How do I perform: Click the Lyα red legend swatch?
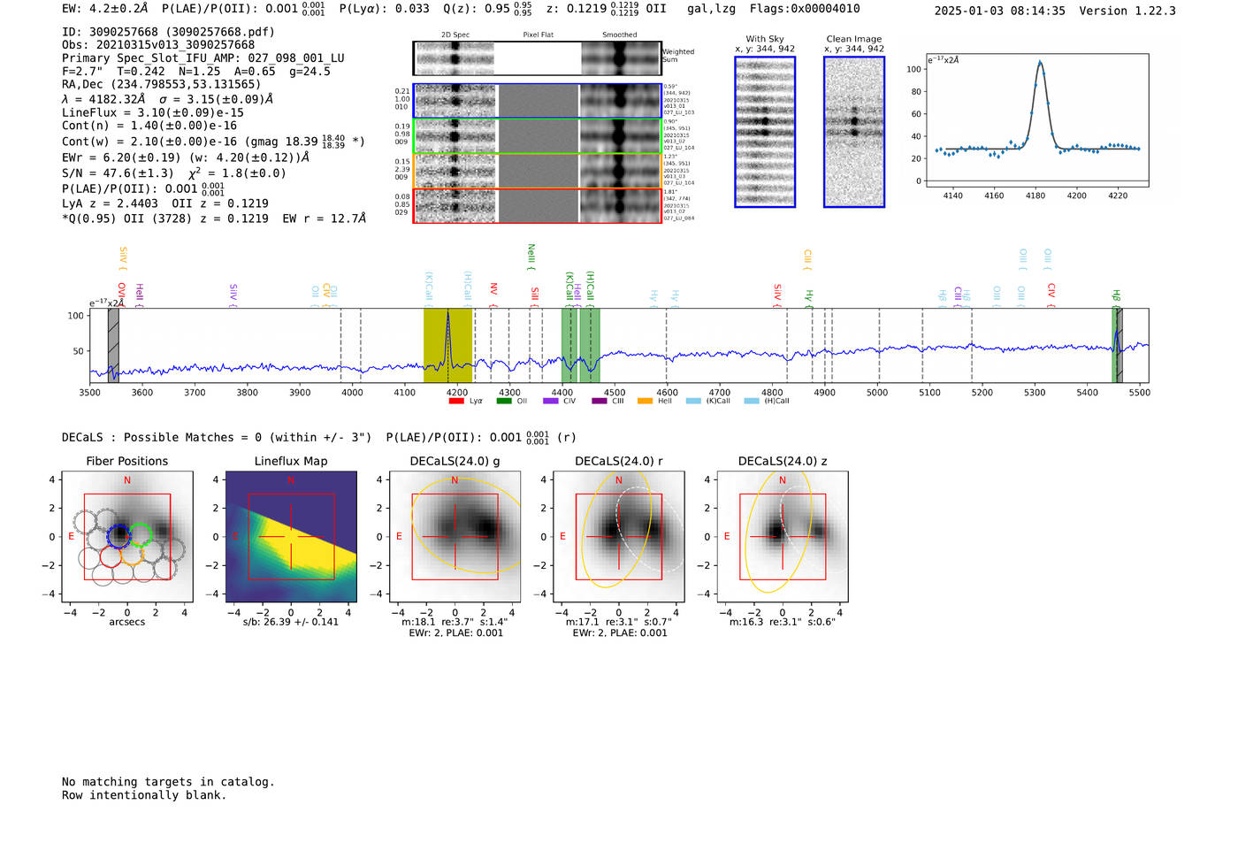(456, 401)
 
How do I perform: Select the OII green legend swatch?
(503, 401)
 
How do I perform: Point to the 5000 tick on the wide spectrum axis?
(877, 393)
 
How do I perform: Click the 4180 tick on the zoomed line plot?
(1035, 195)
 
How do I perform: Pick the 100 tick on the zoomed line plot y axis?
(913, 69)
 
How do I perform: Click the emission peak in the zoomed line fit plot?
(1040, 63)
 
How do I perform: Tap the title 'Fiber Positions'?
(126, 461)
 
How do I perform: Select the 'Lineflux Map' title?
(290, 461)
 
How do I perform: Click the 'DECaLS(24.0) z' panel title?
(782, 461)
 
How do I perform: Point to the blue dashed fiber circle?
(118, 536)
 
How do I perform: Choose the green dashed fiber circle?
(141, 534)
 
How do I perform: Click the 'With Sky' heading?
(765, 39)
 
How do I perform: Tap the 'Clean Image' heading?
(853, 39)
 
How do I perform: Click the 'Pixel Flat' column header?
(538, 34)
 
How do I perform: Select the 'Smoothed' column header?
(619, 34)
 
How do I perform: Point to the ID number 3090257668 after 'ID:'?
(123, 32)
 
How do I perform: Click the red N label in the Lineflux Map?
(290, 480)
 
